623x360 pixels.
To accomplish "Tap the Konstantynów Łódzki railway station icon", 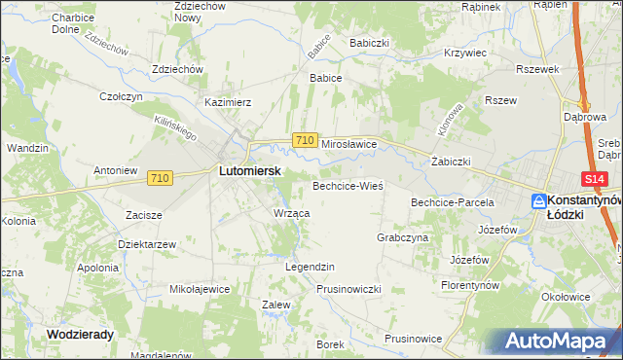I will point(539,200).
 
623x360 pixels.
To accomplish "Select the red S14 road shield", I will point(596,180).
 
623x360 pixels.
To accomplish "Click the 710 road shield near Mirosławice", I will point(305,141).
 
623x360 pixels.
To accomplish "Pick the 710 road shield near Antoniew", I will point(162,178).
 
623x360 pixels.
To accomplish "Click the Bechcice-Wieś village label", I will point(348,185).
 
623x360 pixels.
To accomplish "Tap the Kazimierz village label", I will point(228,101).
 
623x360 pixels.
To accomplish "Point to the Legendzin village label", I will point(310,267).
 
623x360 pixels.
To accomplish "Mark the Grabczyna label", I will point(402,237).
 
